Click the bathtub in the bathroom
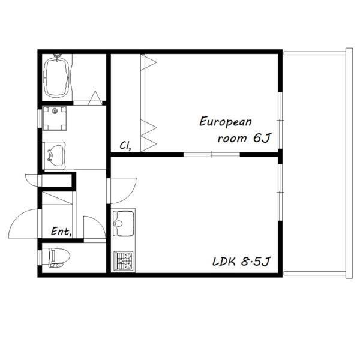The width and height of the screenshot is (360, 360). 57,77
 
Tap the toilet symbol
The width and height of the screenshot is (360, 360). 59,257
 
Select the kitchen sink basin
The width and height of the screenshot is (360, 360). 123,223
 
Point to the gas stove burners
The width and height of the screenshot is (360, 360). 124,261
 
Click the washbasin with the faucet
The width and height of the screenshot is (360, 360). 55,155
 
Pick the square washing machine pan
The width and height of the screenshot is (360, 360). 55,118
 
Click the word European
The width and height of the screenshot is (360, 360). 226,122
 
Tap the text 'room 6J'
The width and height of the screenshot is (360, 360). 245,138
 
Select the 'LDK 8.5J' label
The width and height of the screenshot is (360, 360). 242,261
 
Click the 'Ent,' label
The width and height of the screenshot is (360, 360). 61,232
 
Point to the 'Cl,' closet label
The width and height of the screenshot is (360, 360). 125,146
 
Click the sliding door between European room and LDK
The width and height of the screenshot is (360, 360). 212,155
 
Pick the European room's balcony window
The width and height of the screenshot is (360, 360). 280,121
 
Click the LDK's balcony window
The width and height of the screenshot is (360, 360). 280,192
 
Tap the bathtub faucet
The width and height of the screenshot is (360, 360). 57,57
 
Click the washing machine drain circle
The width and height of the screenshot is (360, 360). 55,111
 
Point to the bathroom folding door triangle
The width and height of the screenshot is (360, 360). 95,98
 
